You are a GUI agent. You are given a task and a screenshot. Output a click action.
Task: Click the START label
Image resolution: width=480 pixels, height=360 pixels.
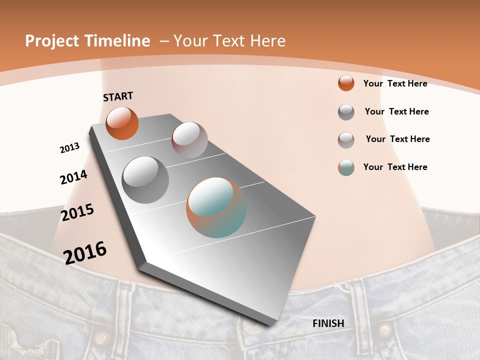pyautogui.click(x=118, y=96)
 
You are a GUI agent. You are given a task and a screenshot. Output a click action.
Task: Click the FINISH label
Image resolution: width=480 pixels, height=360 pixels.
pyautogui.click(x=328, y=323)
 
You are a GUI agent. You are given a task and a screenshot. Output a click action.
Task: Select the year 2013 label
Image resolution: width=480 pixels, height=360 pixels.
pyautogui.click(x=69, y=148)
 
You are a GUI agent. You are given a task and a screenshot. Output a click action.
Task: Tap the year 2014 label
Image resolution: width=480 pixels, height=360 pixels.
pyautogui.click(x=73, y=177)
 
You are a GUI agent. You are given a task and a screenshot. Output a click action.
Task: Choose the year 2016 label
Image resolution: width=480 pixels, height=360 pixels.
pyautogui.click(x=85, y=252)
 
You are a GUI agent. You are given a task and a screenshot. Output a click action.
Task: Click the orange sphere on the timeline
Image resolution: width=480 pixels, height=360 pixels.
pyautogui.click(x=122, y=123)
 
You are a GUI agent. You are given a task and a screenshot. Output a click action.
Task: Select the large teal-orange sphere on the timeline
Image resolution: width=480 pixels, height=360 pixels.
pyautogui.click(x=216, y=207)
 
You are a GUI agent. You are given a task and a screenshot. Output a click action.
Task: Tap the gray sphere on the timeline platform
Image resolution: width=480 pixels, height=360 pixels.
pyautogui.click(x=145, y=179)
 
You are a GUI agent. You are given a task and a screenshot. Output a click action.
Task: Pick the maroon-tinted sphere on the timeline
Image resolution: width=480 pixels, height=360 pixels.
pyautogui.click(x=189, y=140)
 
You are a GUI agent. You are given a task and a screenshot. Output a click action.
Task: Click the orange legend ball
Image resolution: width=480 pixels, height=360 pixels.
pyautogui.click(x=346, y=83)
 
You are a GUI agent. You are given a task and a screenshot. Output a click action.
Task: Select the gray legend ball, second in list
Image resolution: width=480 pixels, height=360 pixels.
pyautogui.click(x=346, y=112)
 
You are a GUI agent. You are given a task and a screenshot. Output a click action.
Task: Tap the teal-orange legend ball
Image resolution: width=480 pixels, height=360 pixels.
pyautogui.click(x=346, y=167)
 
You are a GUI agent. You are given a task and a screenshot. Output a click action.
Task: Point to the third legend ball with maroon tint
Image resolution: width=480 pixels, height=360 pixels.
pyautogui.click(x=346, y=140)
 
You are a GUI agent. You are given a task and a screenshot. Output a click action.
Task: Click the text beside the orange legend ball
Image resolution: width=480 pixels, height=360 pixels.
pyautogui.click(x=395, y=83)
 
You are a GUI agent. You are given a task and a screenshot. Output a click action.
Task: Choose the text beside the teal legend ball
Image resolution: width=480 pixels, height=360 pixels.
pyautogui.click(x=395, y=167)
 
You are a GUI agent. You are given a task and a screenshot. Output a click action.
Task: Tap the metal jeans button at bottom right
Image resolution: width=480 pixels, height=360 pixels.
pyautogui.click(x=384, y=330)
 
